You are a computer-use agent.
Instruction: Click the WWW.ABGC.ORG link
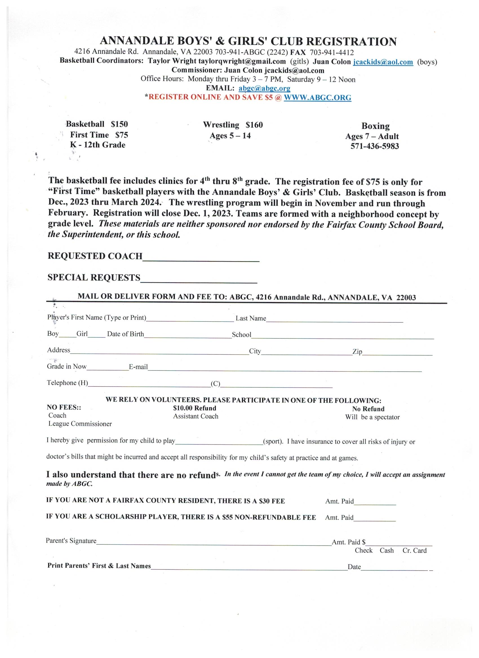click(x=317, y=97)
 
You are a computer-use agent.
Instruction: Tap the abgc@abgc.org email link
click(x=264, y=88)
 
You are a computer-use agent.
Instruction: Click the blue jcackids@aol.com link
click(x=383, y=62)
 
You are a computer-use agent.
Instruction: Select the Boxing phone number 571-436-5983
click(x=375, y=146)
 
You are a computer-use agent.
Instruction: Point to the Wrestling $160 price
click(x=254, y=125)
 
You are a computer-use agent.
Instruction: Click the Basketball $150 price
click(x=119, y=124)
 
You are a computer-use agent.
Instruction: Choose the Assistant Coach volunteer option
click(x=196, y=417)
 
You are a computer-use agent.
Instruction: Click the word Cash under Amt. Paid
click(x=387, y=551)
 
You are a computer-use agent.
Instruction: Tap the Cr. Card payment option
click(x=414, y=551)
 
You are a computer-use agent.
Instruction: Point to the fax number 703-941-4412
click(x=332, y=53)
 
